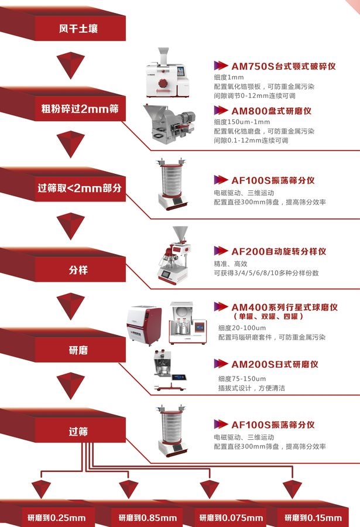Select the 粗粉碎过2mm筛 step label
pos(80,108)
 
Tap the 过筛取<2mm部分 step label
pos(80,188)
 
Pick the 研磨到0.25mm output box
pos(56,518)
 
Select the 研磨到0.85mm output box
pos(148,518)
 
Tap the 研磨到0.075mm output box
pos(231,518)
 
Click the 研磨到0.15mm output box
pos(313,518)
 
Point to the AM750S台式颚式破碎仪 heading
pos(283,66)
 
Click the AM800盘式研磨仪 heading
pos(271,111)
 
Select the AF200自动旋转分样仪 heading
pos(279,251)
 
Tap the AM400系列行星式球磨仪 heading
pos(284,307)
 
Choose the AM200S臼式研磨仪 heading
pos(275,364)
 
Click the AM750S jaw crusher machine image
pos(167,73)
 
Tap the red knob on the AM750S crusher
pos(163,83)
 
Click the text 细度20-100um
pos(242,328)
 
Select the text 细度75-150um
pos(242,379)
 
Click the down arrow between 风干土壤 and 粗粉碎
pos(71,66)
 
